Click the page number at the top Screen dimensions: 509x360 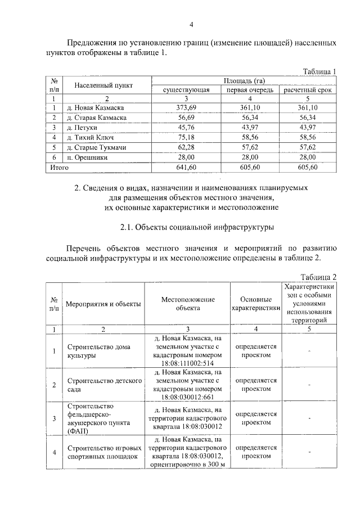[191, 24]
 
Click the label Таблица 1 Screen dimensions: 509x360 [319, 71]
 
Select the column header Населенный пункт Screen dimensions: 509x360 [100, 85]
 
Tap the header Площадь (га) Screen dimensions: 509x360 [245, 80]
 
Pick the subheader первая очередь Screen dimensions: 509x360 [250, 89]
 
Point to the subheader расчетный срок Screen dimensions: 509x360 [308, 89]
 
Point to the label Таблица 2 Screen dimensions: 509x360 [318, 277]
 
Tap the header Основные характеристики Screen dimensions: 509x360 [256, 304]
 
